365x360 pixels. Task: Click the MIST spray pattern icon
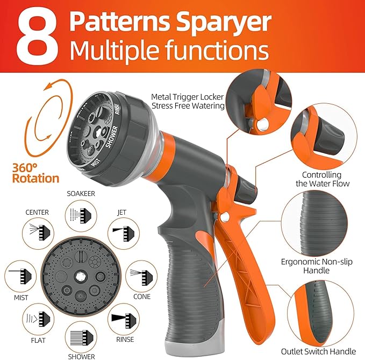coord(20,276)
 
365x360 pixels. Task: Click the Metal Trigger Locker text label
coord(187,97)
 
